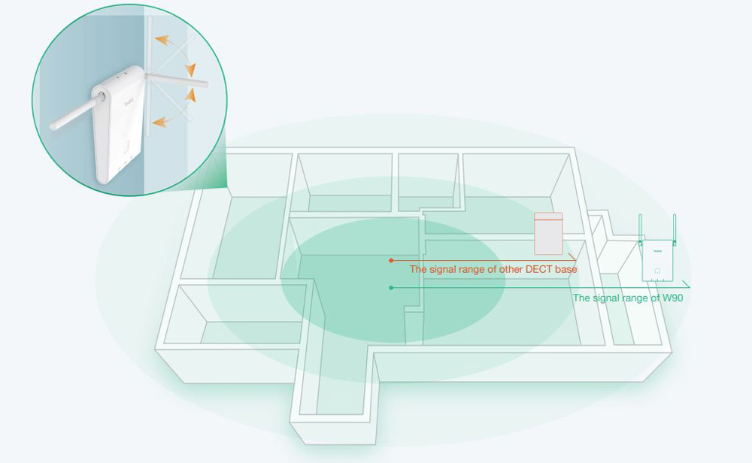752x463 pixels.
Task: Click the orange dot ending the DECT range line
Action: point(391,260)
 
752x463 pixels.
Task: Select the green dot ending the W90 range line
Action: point(391,288)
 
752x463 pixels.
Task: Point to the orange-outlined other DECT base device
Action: point(548,233)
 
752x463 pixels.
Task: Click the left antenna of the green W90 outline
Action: point(640,229)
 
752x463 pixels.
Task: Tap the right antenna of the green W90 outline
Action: point(674,229)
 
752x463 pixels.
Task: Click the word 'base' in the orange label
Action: point(565,269)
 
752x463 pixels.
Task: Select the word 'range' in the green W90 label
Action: point(638,298)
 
